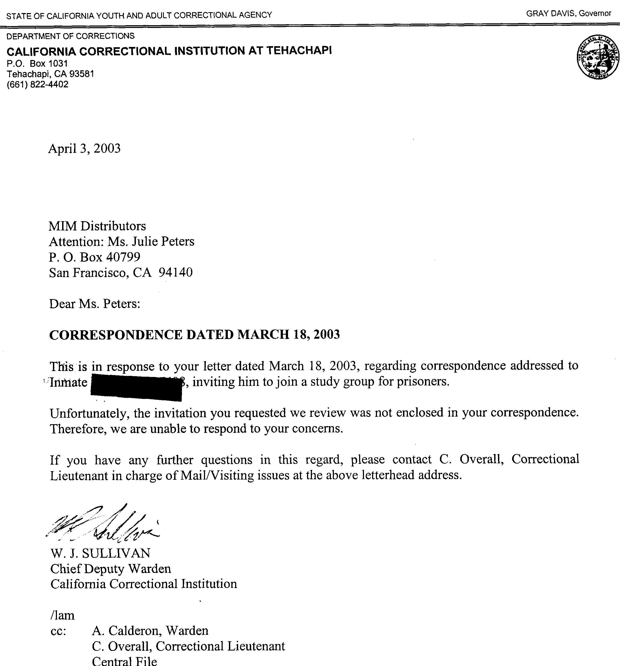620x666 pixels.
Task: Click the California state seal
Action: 597,58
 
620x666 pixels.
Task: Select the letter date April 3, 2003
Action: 84,148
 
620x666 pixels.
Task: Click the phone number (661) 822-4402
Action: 37,84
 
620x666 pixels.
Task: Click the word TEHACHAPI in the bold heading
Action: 299,50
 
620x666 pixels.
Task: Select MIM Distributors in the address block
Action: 97,226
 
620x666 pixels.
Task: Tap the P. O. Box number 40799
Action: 123,257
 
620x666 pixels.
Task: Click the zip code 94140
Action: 176,272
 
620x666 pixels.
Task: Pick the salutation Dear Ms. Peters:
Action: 95,303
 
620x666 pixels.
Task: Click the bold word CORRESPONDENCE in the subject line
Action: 116,335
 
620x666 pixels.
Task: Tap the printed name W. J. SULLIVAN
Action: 100,553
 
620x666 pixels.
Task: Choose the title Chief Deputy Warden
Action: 110,569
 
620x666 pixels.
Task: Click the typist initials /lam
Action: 62,615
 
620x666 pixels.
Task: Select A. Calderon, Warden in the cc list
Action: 150,630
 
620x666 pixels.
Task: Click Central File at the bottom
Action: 124,661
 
